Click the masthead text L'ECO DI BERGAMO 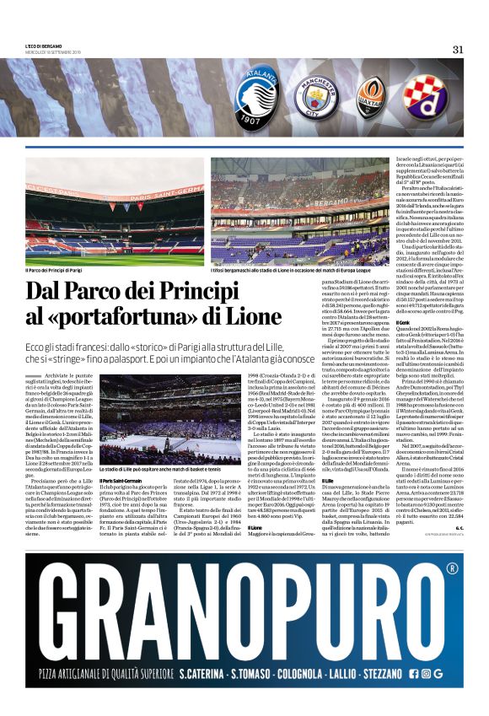click(44, 46)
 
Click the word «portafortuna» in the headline click(128, 317)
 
